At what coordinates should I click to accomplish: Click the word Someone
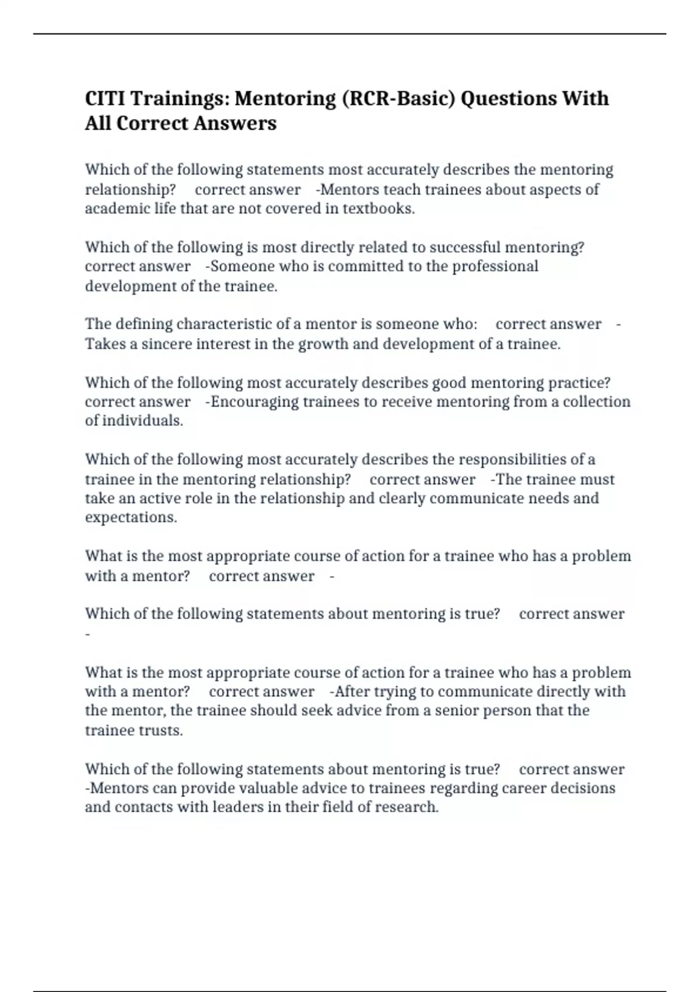[x=242, y=266]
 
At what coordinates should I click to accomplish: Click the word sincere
[x=167, y=344]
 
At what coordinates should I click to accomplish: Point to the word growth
[x=323, y=344]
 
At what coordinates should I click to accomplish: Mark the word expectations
[x=131, y=517]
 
